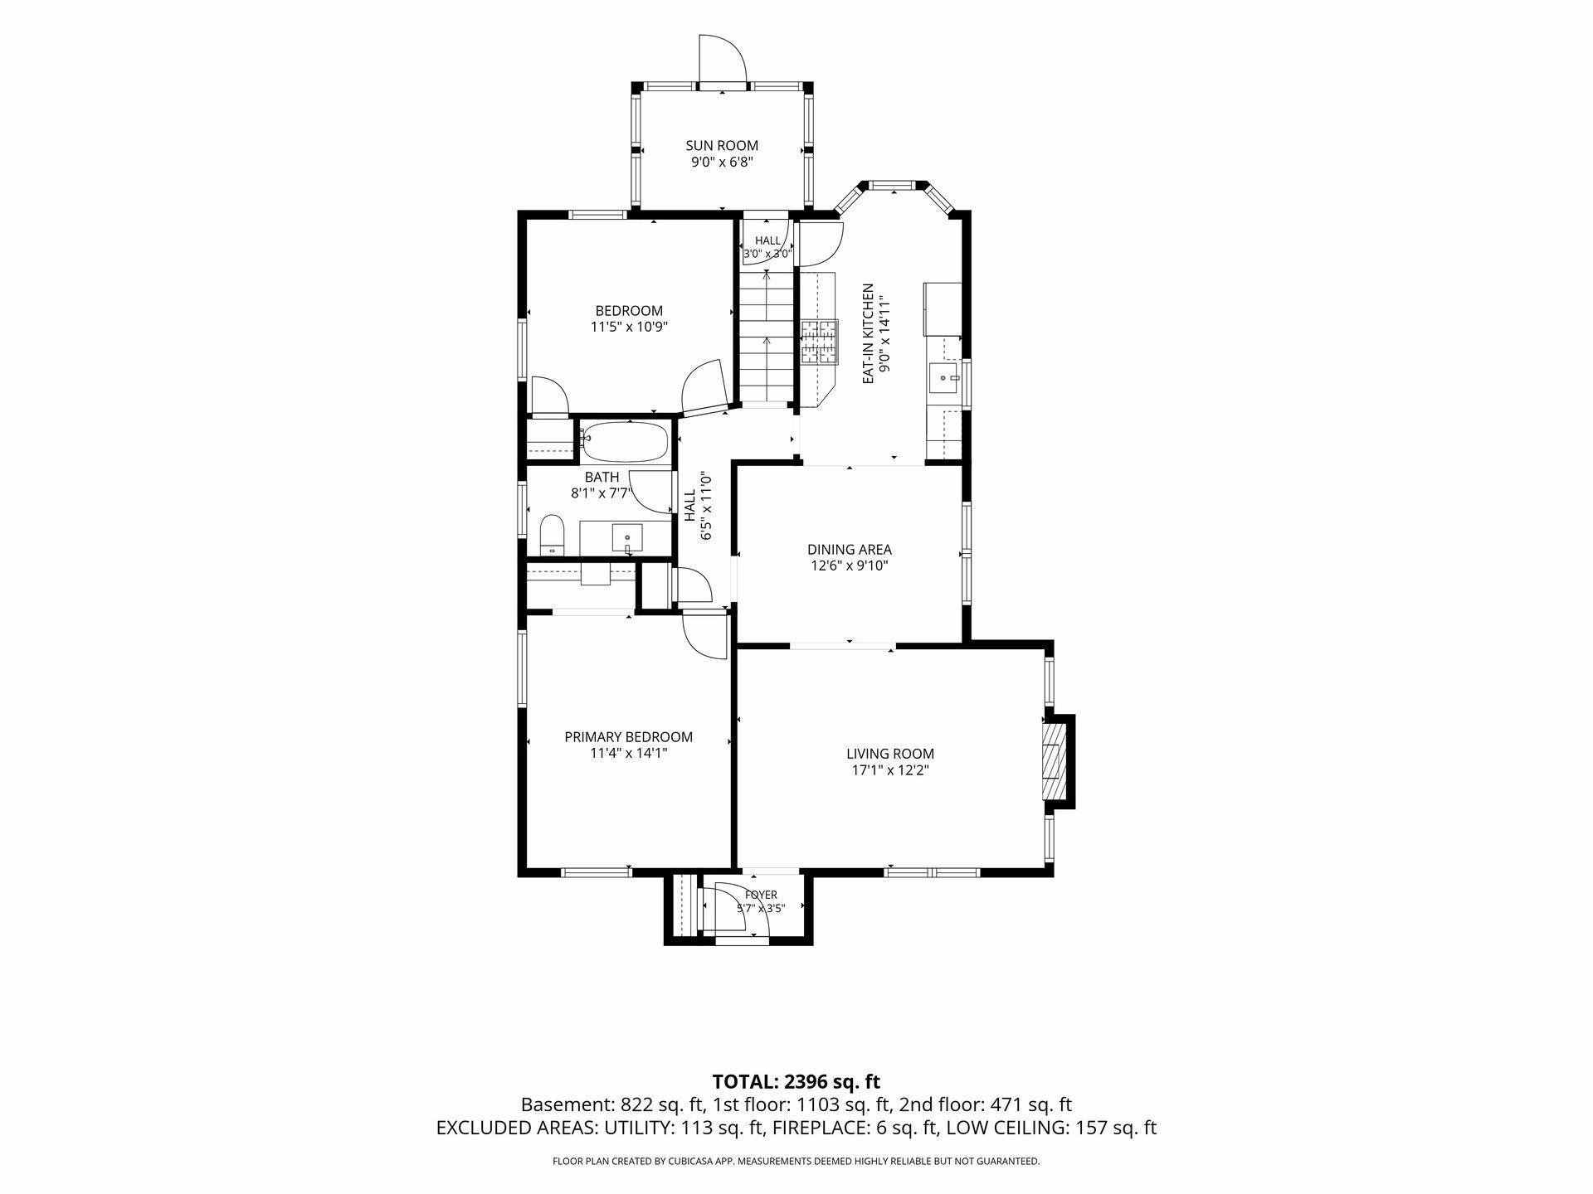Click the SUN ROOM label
(x=721, y=146)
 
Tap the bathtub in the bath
(x=625, y=441)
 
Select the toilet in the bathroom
(x=552, y=535)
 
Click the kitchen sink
(x=944, y=378)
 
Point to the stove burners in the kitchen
(x=820, y=342)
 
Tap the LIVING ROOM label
(x=890, y=754)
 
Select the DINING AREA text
(x=850, y=550)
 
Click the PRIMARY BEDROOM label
(x=628, y=737)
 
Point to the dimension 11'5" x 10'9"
(x=629, y=327)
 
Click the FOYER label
(x=761, y=895)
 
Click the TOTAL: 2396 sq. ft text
(x=796, y=1081)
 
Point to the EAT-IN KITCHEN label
(x=868, y=333)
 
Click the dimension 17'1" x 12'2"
(x=890, y=770)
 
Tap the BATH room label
(x=602, y=478)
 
